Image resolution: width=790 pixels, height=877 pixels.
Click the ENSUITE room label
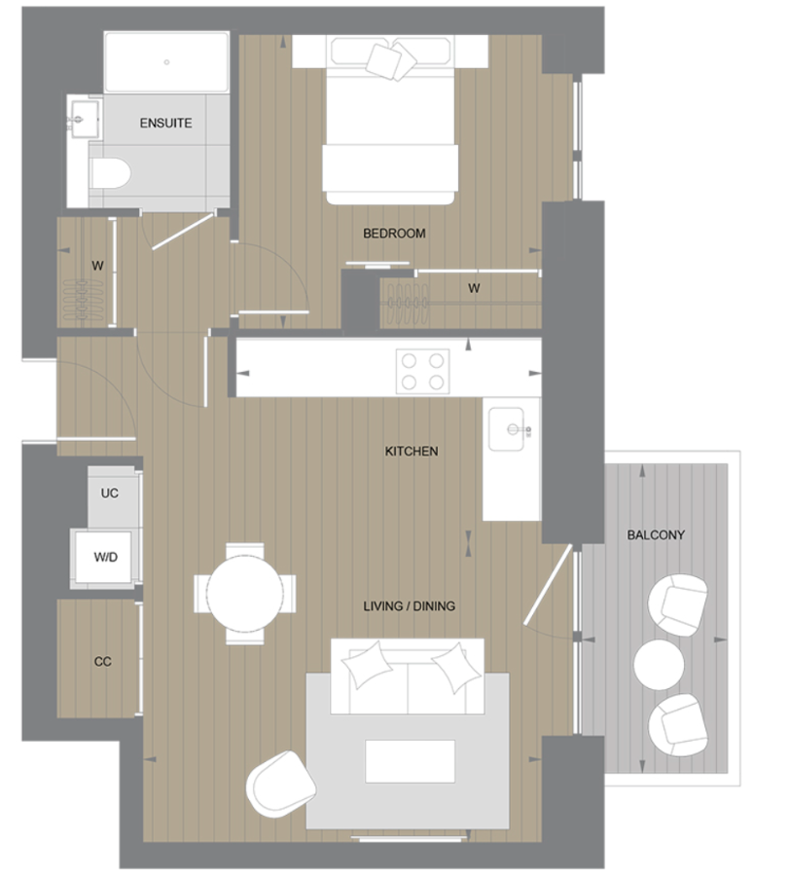coord(165,124)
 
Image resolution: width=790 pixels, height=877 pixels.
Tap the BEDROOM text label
coord(394,234)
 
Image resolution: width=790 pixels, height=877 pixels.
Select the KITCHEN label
coord(412,452)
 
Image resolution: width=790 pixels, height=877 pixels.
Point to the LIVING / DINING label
coord(409,606)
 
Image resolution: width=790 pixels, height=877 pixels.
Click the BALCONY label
coord(656,535)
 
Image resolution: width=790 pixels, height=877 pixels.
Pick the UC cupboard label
coord(110,493)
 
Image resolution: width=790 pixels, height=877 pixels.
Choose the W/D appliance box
coord(106,559)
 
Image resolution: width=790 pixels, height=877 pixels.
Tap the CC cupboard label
coord(103,662)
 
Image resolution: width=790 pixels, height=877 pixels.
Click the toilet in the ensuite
coord(111,174)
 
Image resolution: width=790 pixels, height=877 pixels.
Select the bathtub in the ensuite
coord(166,63)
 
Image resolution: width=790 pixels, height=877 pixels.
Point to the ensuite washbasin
coord(85,121)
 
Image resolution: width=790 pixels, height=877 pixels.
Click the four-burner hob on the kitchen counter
coord(422,371)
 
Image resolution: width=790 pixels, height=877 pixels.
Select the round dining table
coord(244,592)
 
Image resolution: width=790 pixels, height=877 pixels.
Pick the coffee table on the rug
coord(410,760)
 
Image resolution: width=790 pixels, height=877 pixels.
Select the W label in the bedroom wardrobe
coord(474,288)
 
